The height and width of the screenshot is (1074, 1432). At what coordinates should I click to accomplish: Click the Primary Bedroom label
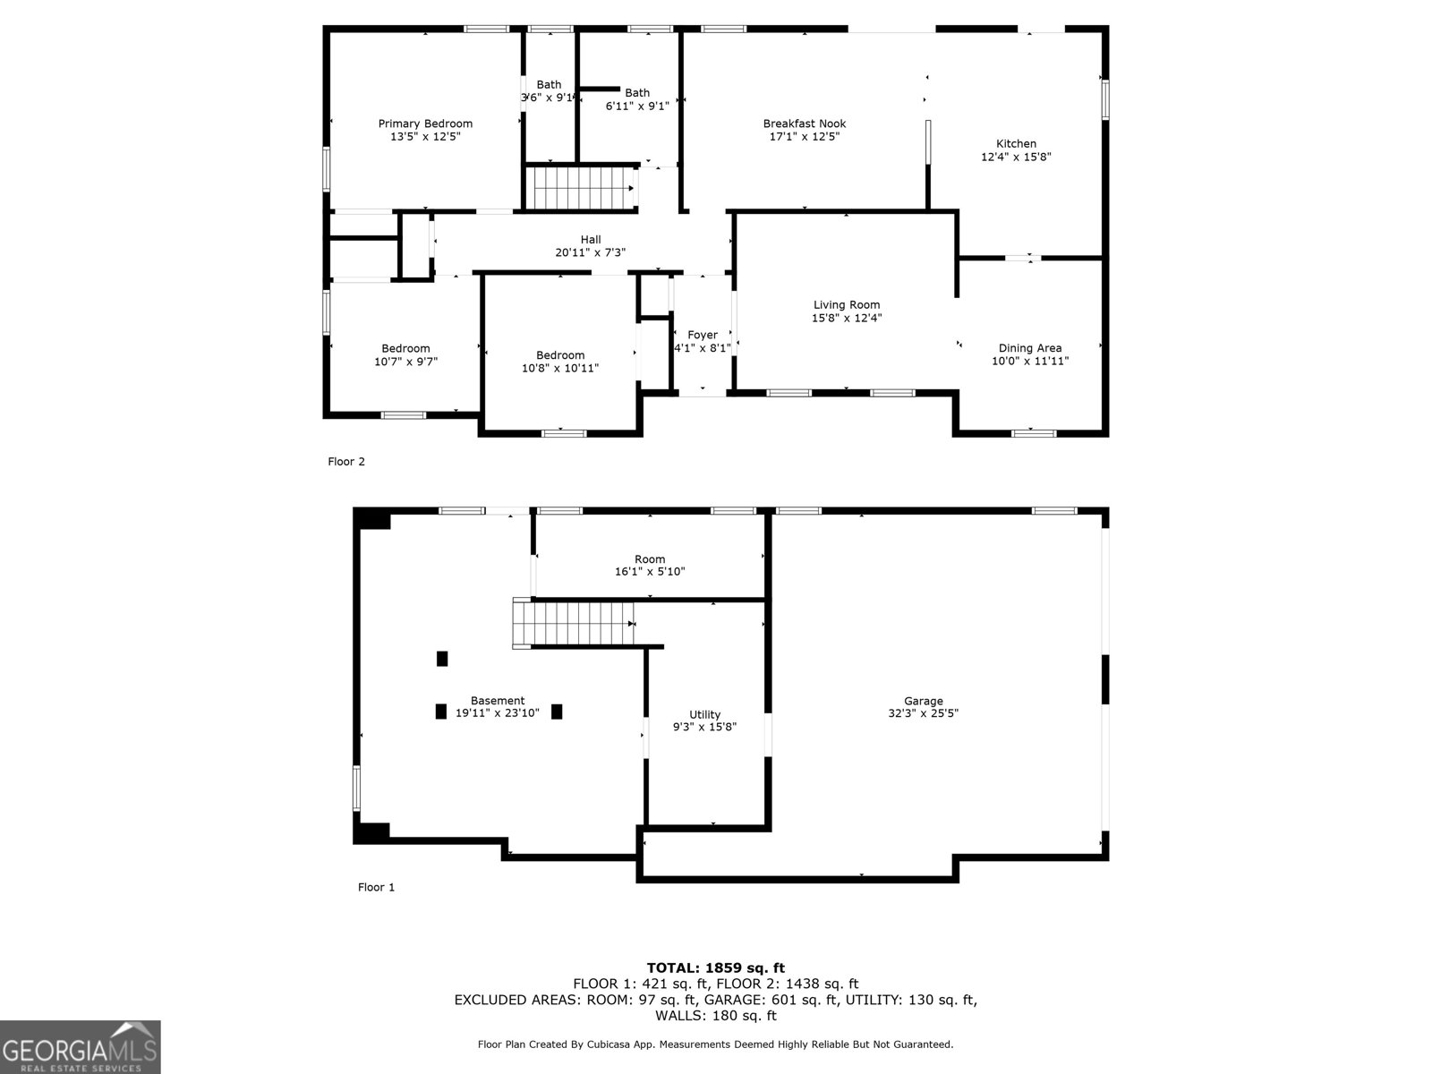coord(425,124)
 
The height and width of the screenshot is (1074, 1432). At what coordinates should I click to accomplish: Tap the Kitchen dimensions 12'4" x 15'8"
coord(1016,157)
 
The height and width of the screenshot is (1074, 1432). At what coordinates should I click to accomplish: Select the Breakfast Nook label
coord(804,124)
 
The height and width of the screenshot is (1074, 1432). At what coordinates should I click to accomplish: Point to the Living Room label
coord(846,305)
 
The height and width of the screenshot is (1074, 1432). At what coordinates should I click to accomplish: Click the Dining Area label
coord(1029,348)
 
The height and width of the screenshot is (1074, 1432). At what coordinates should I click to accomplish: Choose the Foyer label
coord(703,336)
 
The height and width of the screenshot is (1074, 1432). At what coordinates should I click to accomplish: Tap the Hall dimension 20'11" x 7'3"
coord(590,252)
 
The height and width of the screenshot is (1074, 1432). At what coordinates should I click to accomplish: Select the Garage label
coord(923,702)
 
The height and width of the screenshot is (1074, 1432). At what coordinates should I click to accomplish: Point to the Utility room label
coord(704,714)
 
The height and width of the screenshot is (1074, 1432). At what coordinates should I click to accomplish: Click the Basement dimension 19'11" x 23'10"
coord(498,713)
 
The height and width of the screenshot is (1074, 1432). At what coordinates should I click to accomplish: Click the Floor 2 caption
coord(346,462)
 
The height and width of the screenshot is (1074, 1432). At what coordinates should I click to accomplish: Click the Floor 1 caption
coord(376,887)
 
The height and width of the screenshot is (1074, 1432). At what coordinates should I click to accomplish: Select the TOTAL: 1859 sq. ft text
coord(715,967)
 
